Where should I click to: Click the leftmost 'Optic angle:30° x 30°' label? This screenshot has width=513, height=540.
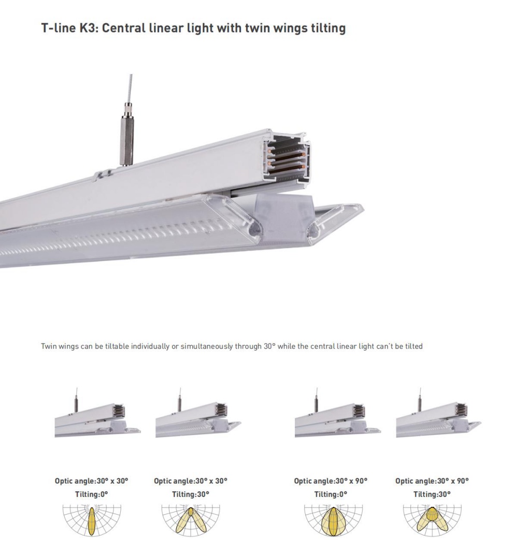[x=91, y=481]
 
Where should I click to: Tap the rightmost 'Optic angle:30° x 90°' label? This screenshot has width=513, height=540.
[x=432, y=481]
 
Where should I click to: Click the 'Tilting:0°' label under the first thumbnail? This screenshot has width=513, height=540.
[x=91, y=493]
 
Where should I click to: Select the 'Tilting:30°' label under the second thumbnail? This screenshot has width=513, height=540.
[x=191, y=493]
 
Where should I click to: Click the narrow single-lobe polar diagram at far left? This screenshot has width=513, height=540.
[x=92, y=520]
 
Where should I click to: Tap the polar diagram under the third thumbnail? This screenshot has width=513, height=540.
[x=331, y=520]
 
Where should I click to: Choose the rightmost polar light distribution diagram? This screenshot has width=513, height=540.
[x=432, y=520]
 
